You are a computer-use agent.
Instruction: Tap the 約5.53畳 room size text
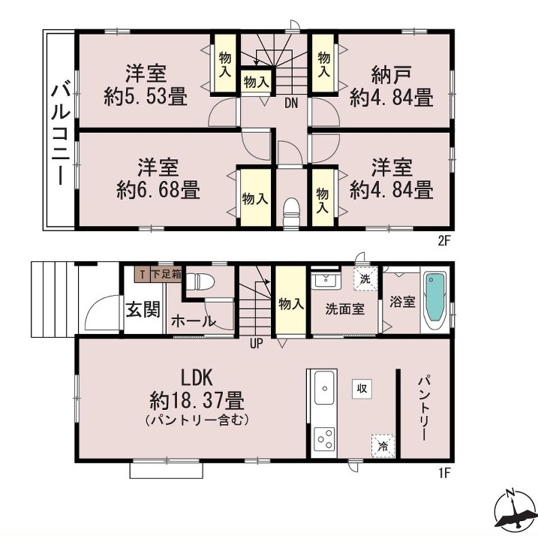146,97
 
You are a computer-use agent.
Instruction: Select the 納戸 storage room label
391,74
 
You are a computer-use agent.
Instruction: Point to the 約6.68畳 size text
158,190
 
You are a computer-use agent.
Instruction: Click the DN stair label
291,103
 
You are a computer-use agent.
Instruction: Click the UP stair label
256,343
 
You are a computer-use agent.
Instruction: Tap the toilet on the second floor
292,212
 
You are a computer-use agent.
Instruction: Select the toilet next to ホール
200,282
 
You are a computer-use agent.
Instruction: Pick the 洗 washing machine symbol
365,279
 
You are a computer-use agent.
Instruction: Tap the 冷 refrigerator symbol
383,446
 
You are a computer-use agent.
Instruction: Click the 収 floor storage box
362,389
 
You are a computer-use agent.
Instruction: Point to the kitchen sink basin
324,387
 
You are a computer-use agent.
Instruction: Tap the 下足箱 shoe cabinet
166,274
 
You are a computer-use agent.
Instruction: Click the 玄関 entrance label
143,309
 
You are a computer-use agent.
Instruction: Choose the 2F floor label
443,241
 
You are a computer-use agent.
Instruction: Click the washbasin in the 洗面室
324,281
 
